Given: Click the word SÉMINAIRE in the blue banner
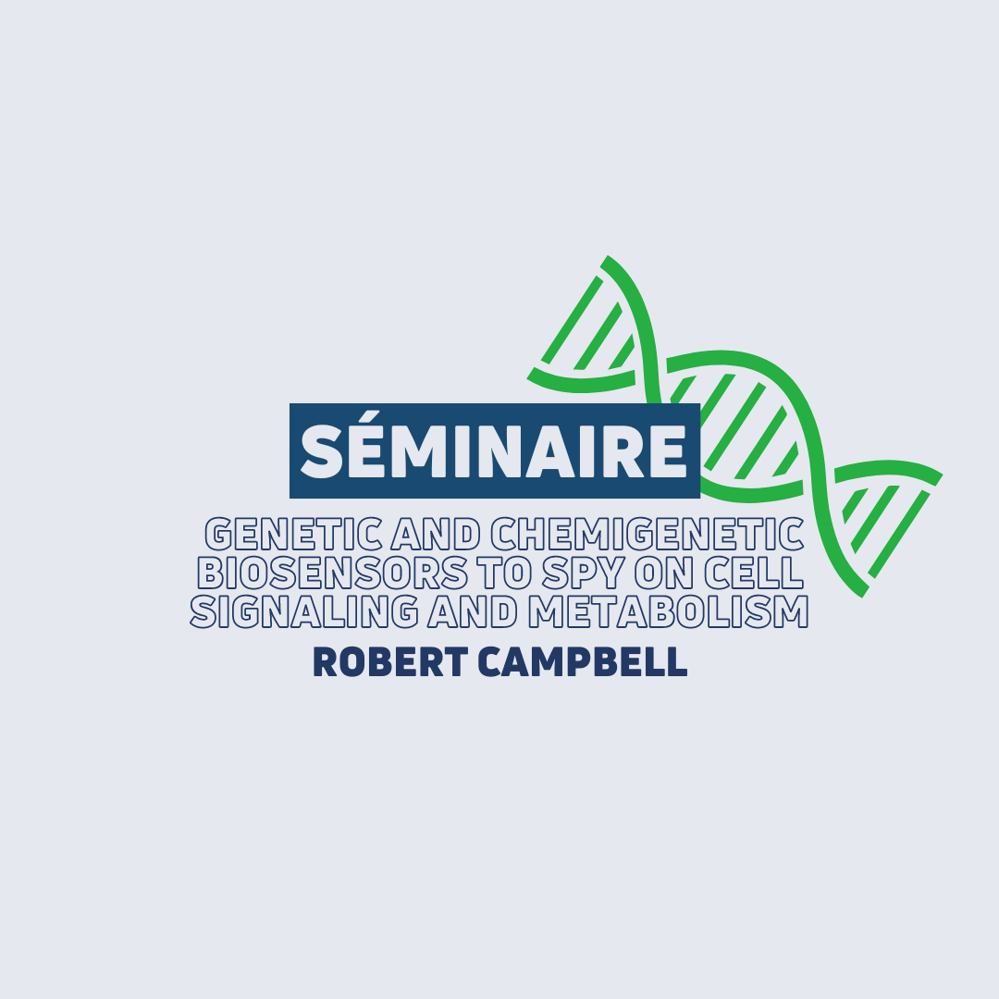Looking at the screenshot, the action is [494, 449].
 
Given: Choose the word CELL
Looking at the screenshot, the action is [754, 573].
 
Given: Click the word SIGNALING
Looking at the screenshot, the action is [304, 611].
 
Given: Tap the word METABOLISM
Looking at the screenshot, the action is [669, 611].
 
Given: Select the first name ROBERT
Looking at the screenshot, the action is [390, 662].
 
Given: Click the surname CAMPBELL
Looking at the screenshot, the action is [583, 662].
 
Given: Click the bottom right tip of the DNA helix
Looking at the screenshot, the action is [863, 594].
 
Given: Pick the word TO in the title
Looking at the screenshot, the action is [506, 573].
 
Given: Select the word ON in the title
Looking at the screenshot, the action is [663, 573].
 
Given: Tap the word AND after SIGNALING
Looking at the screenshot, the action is [473, 611].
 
